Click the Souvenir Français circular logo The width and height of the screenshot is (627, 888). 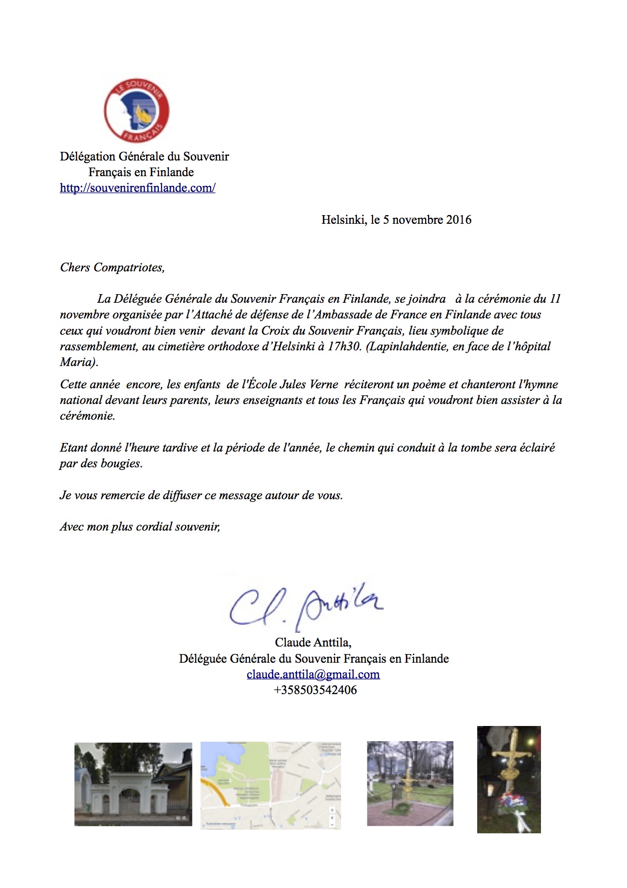tap(137, 110)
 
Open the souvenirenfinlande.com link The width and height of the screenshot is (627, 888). tap(138, 188)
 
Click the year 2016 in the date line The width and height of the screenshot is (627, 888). tap(458, 220)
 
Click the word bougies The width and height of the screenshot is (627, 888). tap(120, 463)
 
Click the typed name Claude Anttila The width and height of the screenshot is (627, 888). tap(313, 642)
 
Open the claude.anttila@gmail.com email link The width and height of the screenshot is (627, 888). tap(313, 674)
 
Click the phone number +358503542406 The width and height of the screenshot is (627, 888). tap(315, 690)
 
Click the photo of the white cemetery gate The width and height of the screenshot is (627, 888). tap(133, 784)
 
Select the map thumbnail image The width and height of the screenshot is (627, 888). tap(271, 785)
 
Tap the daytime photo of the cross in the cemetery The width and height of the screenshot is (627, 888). tap(410, 783)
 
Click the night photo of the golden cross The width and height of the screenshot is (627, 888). tap(509, 779)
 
